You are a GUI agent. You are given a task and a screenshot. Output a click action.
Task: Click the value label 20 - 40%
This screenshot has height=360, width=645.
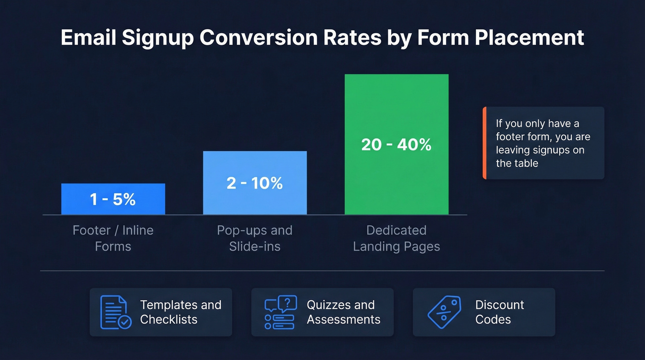tap(396, 145)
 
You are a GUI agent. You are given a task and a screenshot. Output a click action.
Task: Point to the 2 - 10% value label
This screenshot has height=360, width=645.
tap(255, 183)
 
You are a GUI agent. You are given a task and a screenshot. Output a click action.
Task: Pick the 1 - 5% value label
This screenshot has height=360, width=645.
tap(113, 199)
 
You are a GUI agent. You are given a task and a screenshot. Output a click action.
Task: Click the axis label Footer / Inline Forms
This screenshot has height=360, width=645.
tap(113, 238)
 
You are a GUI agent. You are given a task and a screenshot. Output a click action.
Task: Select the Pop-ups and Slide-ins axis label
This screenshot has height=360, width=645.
tap(255, 238)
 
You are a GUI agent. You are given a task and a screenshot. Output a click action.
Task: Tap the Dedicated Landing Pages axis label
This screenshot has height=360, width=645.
tap(396, 238)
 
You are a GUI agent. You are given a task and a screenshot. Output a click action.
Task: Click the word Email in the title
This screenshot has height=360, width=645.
tap(88, 38)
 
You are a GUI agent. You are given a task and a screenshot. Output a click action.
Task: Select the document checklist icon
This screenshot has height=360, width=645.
tap(115, 312)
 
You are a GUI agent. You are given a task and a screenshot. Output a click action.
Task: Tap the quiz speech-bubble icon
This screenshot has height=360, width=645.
tap(281, 312)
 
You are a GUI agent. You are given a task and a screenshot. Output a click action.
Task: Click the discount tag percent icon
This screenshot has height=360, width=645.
tap(444, 312)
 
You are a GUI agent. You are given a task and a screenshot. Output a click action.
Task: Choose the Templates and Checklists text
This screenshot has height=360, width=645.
tap(181, 312)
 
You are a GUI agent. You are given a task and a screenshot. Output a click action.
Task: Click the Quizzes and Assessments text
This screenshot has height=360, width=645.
tap(343, 312)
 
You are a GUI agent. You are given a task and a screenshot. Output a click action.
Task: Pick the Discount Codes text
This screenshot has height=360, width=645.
tap(499, 312)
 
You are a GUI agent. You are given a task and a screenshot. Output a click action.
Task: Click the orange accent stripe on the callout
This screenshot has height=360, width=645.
tap(484, 143)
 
